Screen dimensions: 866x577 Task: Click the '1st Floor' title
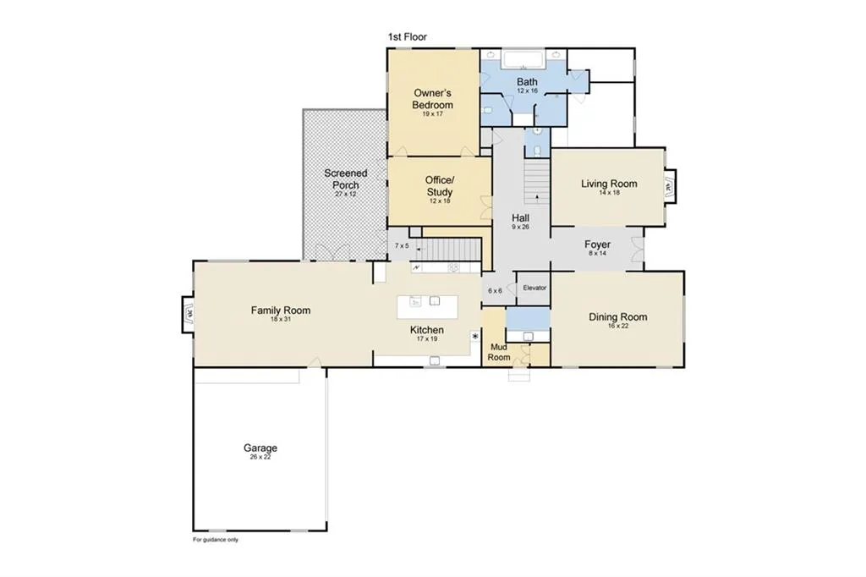[x=407, y=37]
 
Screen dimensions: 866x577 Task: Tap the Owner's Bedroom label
[x=432, y=99]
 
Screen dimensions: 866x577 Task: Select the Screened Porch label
[x=346, y=179]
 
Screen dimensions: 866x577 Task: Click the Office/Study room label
[x=440, y=186]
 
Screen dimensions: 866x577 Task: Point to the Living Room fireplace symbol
[x=670, y=187]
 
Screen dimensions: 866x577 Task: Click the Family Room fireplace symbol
[x=189, y=315]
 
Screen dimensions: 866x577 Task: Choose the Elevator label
[x=534, y=288]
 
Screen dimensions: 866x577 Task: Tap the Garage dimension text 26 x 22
[x=260, y=457]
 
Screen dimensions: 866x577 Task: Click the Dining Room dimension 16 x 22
[x=618, y=326]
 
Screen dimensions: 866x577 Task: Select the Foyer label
[x=598, y=245]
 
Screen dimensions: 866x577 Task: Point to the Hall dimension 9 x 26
[x=520, y=227]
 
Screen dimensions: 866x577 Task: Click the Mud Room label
[x=499, y=352]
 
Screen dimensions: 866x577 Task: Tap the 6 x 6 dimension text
[x=495, y=291]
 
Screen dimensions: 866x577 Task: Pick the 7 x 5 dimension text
[x=402, y=246]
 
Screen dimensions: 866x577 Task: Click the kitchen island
[x=427, y=307]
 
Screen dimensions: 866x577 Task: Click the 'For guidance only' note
[x=216, y=540]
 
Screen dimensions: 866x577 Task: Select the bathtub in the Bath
[x=523, y=59]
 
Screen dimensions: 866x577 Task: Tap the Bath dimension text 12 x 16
[x=527, y=91]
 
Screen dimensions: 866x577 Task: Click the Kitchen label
[x=427, y=330]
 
